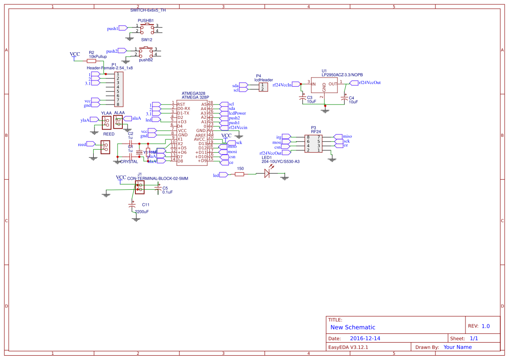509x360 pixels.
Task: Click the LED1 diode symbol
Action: (x=267, y=174)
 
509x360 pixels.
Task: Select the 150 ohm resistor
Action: (x=239, y=174)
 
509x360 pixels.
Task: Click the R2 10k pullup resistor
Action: (x=91, y=61)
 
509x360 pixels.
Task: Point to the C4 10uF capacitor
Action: (x=345, y=98)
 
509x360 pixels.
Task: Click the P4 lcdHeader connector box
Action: (x=263, y=87)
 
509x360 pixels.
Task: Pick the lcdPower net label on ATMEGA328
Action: (x=237, y=113)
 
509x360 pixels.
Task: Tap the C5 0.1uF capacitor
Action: (x=158, y=188)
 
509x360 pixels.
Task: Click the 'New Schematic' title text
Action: (x=353, y=327)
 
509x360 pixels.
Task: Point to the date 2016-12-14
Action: (x=365, y=338)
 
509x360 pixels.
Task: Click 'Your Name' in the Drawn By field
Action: (x=457, y=347)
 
